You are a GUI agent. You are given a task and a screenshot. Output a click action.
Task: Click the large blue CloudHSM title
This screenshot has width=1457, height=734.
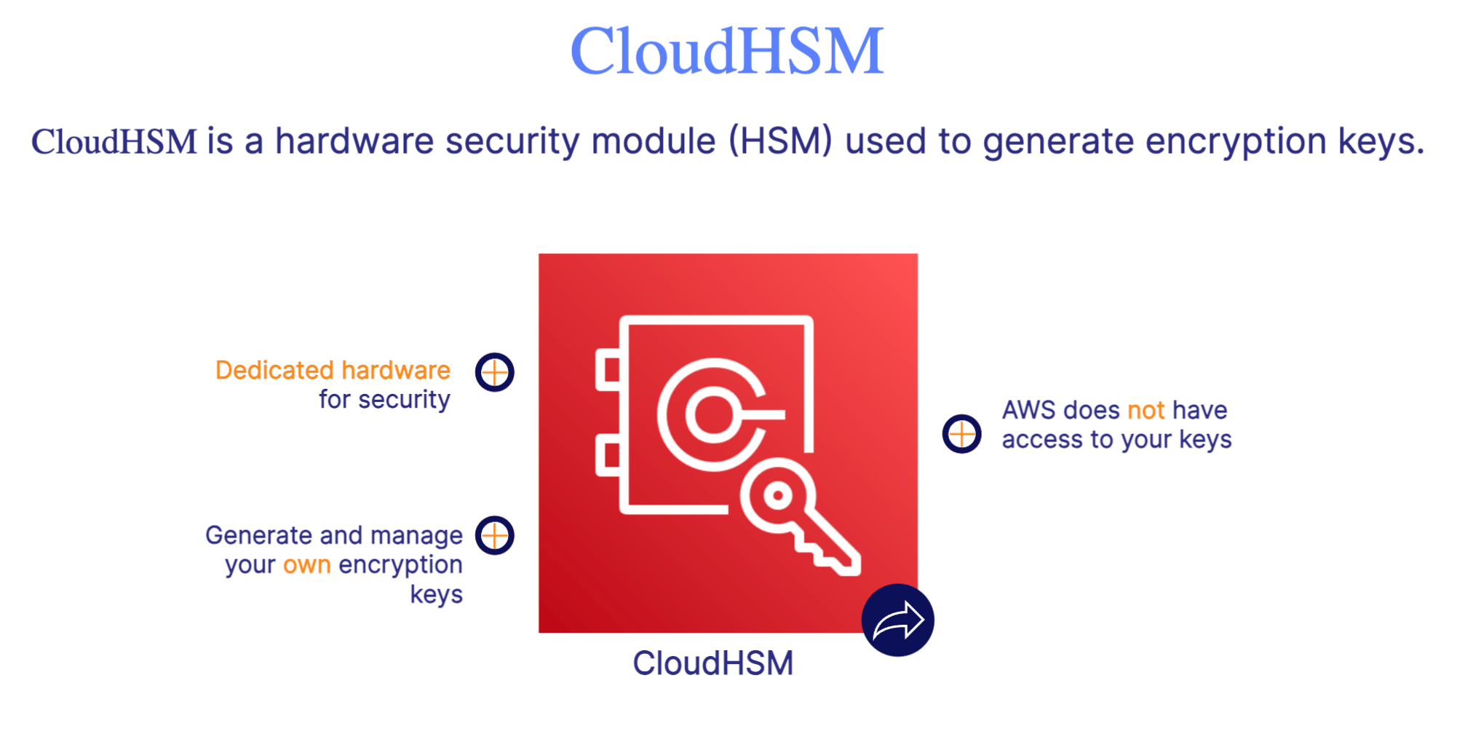tap(726, 51)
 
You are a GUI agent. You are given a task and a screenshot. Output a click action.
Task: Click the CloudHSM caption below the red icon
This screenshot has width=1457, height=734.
tap(712, 663)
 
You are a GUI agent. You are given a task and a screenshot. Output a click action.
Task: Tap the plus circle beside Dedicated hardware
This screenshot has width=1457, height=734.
tap(495, 372)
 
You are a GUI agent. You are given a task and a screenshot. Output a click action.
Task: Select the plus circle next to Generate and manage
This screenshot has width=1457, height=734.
tap(495, 535)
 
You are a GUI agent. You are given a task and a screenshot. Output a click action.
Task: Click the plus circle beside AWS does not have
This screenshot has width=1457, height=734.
tap(961, 434)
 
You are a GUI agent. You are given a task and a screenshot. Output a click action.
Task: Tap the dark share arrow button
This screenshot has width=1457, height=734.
tap(897, 620)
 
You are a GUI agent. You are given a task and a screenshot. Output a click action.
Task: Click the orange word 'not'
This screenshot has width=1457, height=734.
tap(1146, 411)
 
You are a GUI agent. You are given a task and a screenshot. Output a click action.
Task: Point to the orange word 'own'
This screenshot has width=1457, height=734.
tap(306, 565)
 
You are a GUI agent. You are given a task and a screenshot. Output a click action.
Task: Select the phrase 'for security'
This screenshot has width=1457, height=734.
tap(384, 400)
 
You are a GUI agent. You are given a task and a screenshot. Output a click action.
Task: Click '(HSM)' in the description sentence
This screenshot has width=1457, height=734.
tap(780, 141)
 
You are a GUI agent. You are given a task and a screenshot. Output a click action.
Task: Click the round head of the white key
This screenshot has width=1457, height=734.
tap(778, 497)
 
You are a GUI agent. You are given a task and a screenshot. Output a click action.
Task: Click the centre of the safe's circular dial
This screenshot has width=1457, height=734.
tap(713, 414)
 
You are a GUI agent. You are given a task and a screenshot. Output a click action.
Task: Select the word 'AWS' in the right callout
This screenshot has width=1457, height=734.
tap(1028, 411)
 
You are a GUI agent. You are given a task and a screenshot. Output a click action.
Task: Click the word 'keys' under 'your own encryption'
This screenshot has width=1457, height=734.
tap(436, 595)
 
